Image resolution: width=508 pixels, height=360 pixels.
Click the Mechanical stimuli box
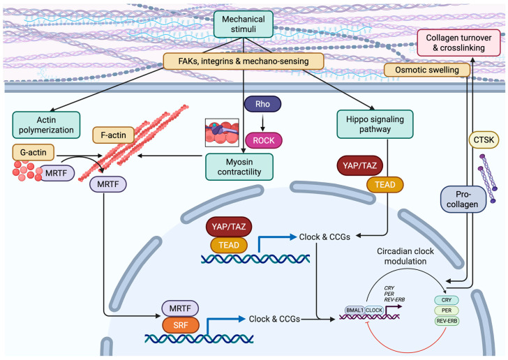pos(244,24)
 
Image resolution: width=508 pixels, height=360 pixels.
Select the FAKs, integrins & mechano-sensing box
pos(244,61)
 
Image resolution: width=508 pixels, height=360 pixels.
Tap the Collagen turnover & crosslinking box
pos(458,43)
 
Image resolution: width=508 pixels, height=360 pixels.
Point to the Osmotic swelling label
pos(426,70)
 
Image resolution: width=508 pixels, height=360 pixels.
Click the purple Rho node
pos(262,104)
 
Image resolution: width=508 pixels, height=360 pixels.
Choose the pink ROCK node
pos(264,140)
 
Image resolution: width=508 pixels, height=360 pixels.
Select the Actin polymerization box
pos(46,125)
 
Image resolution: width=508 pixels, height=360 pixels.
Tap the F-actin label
pos(113,135)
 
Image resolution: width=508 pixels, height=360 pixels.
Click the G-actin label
pos(33,152)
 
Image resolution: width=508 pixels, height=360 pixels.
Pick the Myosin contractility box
pos(239,167)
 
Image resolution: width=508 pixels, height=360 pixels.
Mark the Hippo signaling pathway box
pos(375,124)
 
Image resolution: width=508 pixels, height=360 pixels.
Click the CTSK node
pos(484,140)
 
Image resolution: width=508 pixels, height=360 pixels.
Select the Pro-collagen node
pos(463,200)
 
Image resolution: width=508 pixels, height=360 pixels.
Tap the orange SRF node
pos(181,325)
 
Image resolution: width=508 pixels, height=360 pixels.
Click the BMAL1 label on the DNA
pos(354,310)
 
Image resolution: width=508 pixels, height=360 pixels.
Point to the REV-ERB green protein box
pos(447,321)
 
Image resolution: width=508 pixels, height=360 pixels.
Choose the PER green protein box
pos(447,310)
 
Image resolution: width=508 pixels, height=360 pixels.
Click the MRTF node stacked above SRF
pos(180,308)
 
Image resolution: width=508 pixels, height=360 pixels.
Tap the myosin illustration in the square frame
pos(222,133)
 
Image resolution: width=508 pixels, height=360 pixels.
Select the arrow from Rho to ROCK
pos(263,122)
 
